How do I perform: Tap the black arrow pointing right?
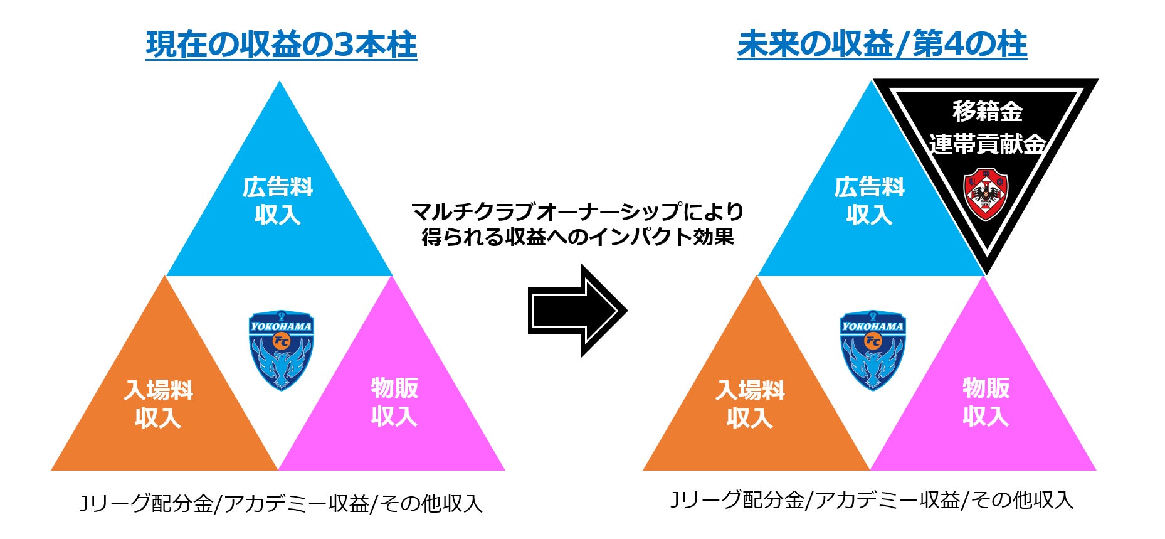[577, 311]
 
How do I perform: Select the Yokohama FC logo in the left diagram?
[282, 350]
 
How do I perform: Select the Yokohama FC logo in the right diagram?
[873, 350]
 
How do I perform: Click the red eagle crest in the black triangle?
[985, 194]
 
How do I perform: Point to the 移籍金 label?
[987, 112]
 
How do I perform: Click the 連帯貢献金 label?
[987, 144]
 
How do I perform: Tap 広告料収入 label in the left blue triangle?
[278, 201]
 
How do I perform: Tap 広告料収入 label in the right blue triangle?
[869, 201]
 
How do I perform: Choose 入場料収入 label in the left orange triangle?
[158, 403]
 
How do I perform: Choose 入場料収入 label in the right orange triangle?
[750, 403]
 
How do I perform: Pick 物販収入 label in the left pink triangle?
[394, 402]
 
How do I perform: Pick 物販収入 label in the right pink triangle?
[986, 402]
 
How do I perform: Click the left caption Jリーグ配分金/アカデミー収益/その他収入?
[281, 503]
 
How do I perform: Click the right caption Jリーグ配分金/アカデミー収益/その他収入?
[872, 500]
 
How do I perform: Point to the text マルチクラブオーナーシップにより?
[577, 211]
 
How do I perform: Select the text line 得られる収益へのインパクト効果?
[577, 237]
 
